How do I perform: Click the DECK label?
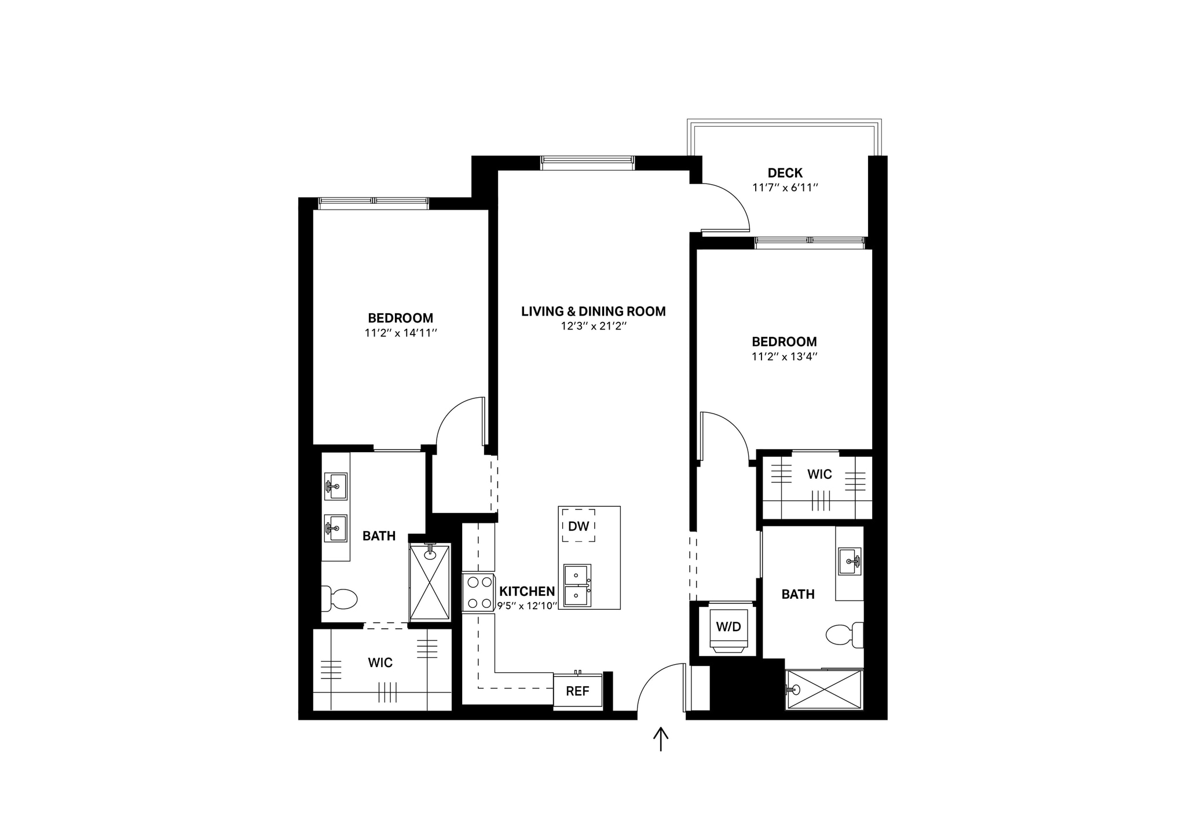click(x=785, y=173)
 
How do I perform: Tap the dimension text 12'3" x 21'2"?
click(x=594, y=326)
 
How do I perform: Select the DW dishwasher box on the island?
click(x=579, y=526)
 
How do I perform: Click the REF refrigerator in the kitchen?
click(x=577, y=691)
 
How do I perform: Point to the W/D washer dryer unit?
click(x=728, y=628)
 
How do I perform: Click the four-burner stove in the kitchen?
click(x=479, y=592)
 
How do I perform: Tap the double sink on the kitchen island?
click(x=577, y=585)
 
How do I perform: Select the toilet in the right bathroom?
click(x=844, y=635)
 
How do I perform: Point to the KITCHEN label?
click(x=527, y=591)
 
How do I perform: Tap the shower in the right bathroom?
click(x=824, y=690)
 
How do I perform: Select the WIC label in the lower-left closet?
click(x=380, y=662)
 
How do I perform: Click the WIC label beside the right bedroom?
click(x=819, y=474)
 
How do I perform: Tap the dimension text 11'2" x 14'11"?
click(x=400, y=333)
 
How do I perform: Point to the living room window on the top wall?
click(x=587, y=163)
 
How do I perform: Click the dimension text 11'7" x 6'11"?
click(x=785, y=188)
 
